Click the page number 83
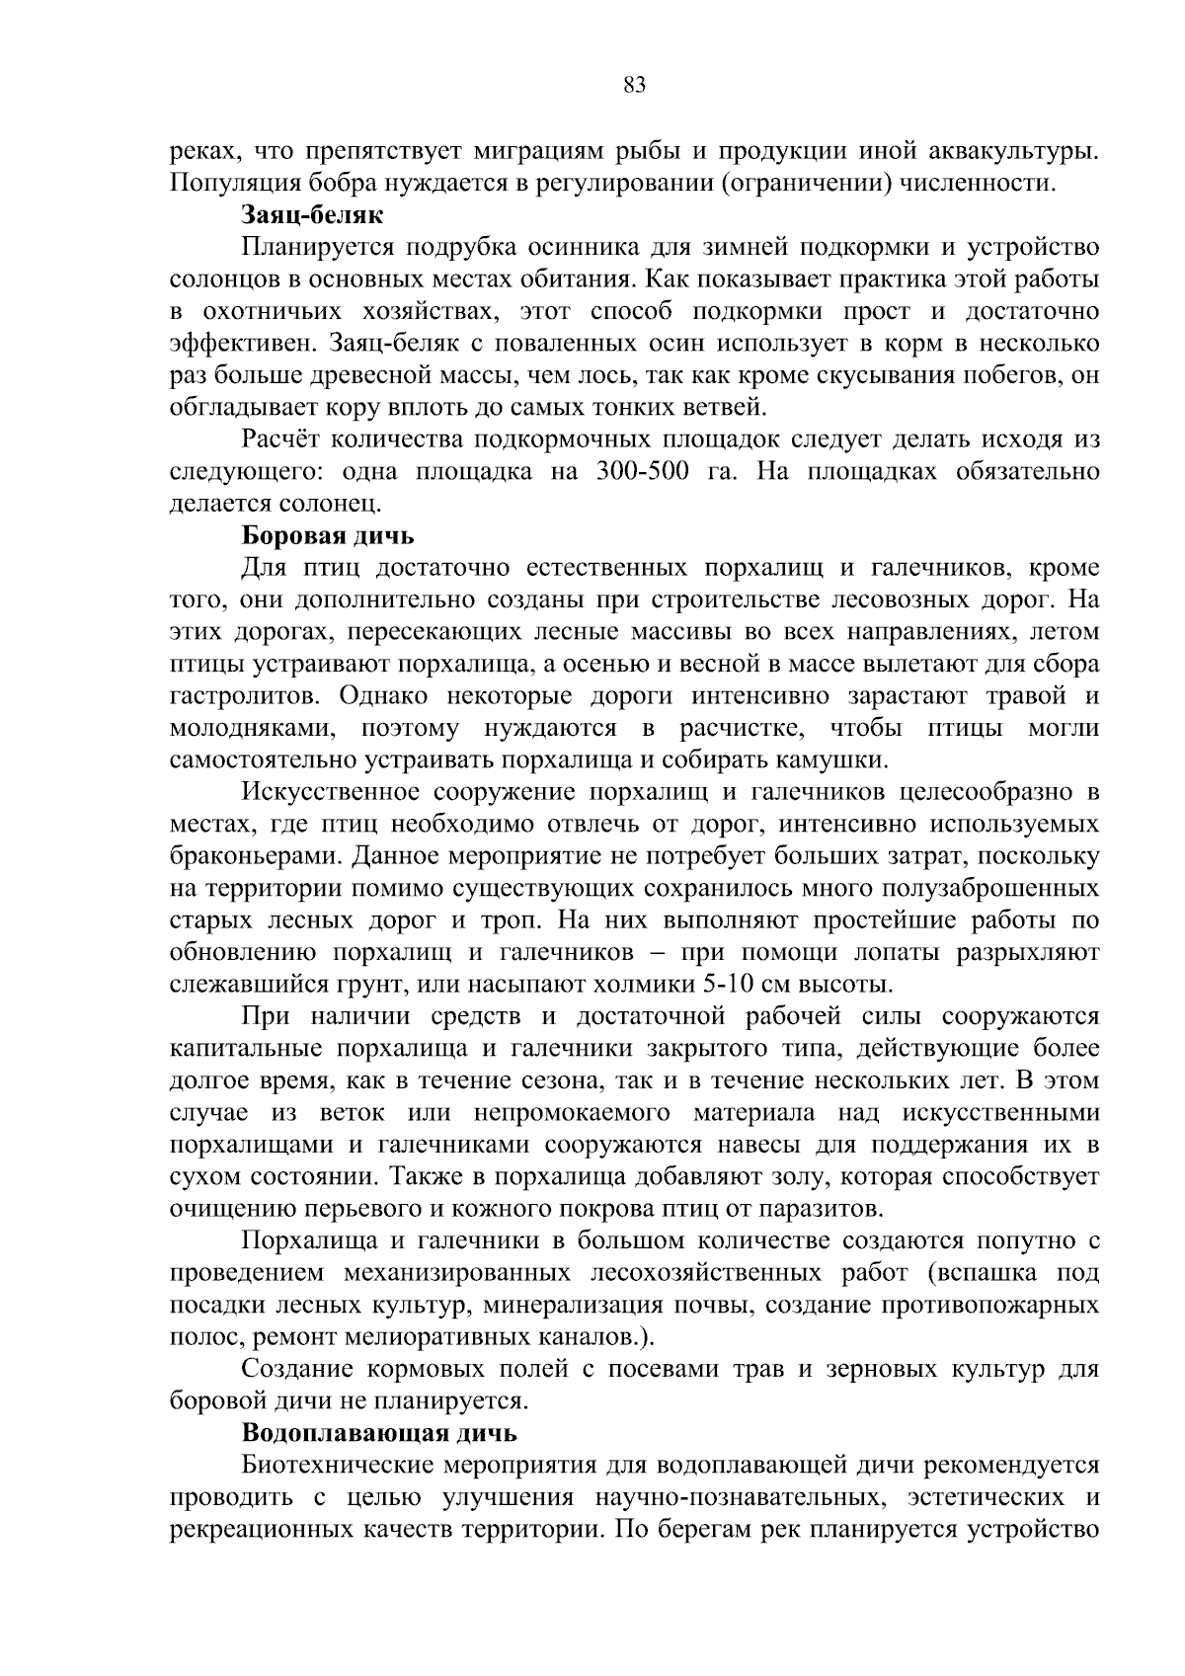pos(635,86)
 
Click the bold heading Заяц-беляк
pos(312,214)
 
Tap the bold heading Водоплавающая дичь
pos(379,1432)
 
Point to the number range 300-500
pos(642,472)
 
